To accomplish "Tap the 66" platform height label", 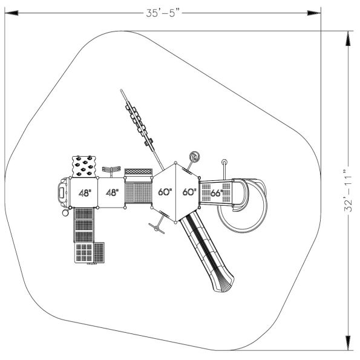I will coord(216,194).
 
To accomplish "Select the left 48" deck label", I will coord(85,194).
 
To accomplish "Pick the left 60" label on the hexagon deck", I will coord(165,192).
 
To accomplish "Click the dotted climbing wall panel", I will coord(85,166).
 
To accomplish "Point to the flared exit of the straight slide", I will coord(223,283).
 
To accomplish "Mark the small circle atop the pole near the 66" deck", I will coord(224,162).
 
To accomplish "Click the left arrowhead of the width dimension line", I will coord(9,12).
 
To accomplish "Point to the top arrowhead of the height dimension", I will coord(348,35).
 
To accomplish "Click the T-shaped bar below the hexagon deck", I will coord(158,226).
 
